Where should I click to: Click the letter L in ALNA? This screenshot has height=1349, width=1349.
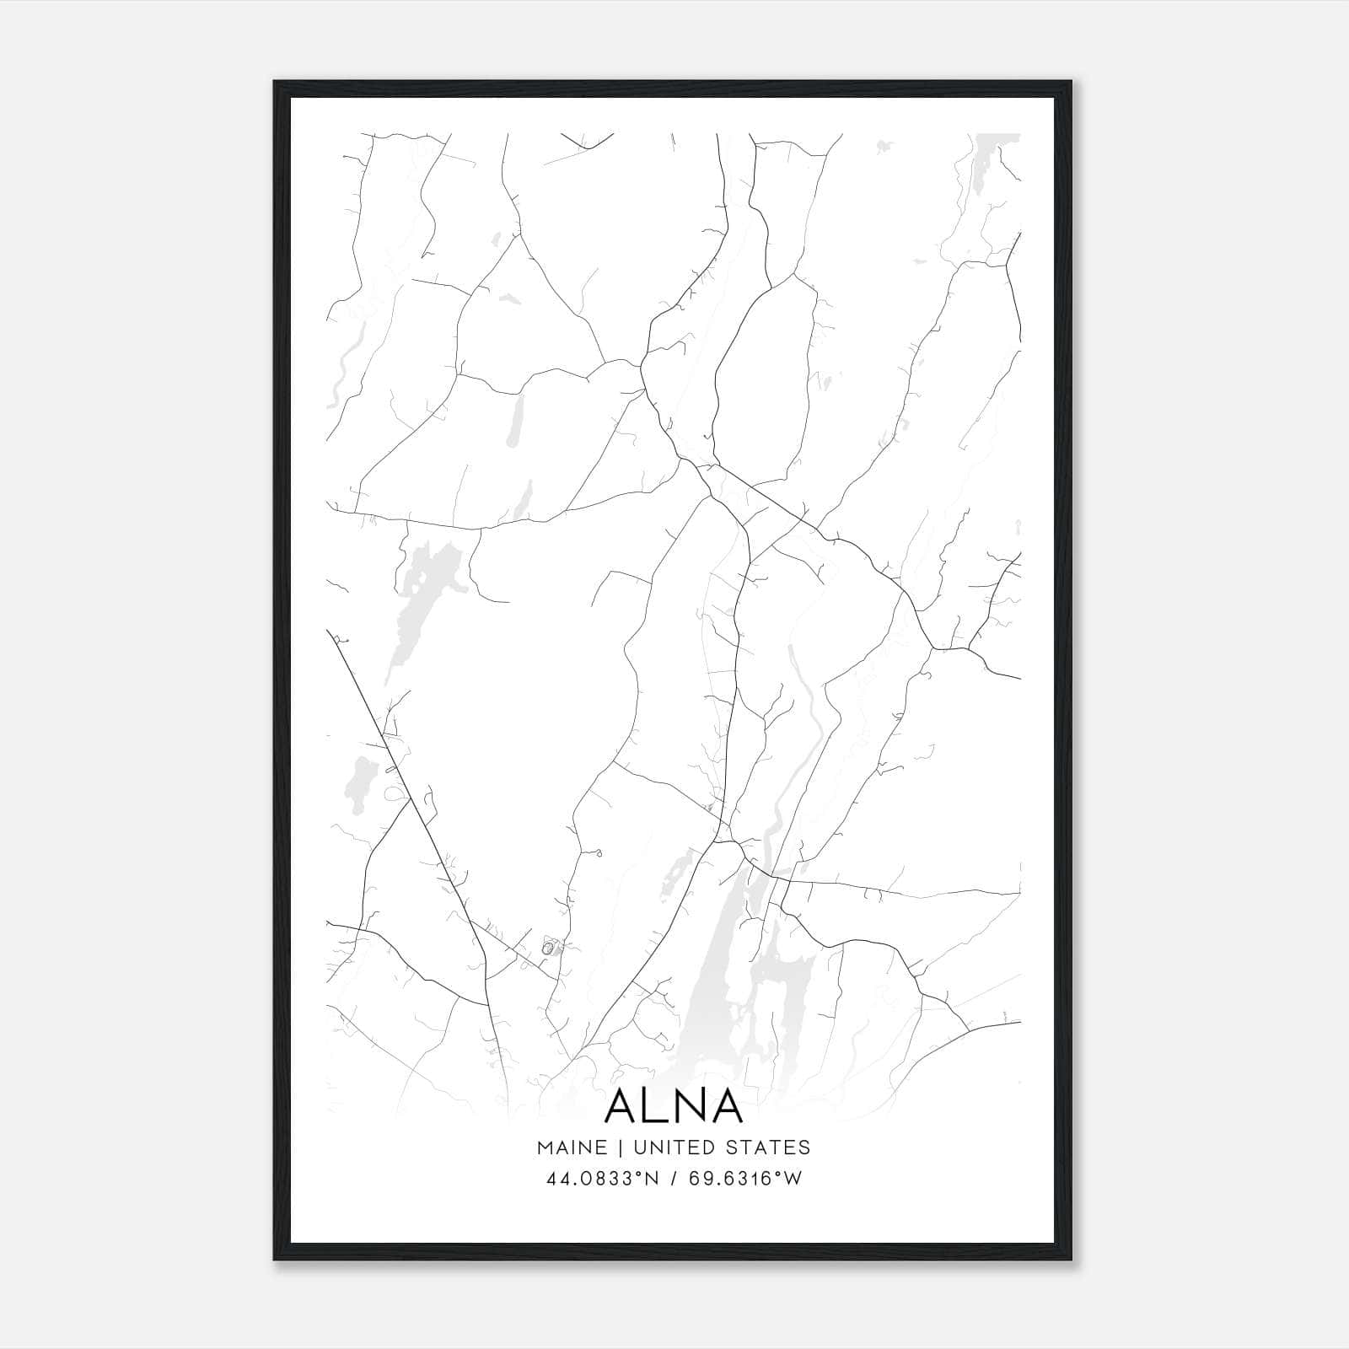(x=652, y=1106)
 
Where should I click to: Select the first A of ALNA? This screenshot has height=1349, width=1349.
(x=622, y=1106)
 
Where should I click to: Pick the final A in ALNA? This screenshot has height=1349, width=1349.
(x=726, y=1106)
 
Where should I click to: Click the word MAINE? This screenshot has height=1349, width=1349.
(x=571, y=1147)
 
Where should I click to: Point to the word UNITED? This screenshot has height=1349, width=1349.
(x=672, y=1147)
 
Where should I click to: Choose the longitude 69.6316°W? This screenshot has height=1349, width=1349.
(x=745, y=1179)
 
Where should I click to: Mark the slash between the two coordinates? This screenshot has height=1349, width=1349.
(x=674, y=1179)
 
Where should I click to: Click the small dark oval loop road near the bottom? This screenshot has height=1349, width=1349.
(x=547, y=949)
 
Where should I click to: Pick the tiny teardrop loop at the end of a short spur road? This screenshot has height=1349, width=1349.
(x=598, y=854)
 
